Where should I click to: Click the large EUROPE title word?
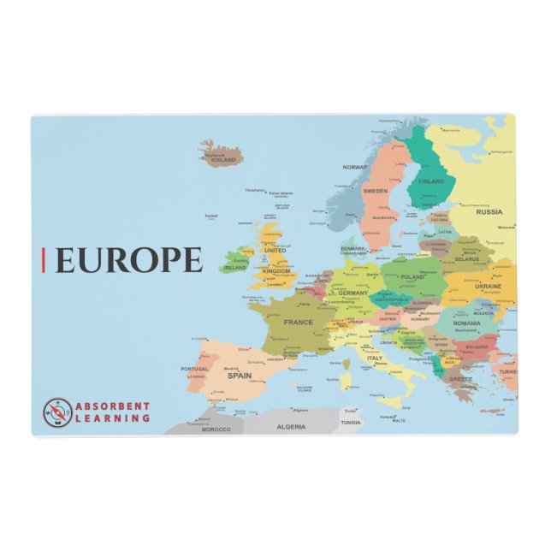point(129,259)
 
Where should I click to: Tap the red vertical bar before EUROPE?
point(44,259)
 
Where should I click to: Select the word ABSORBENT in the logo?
point(113,406)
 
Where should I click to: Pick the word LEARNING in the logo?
point(112,418)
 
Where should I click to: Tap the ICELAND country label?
point(223,160)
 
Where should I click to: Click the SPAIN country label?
point(239,375)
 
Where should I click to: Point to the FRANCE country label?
point(299,323)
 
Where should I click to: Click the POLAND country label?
point(412,277)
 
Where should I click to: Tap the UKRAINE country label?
point(489,286)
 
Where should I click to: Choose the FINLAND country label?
point(431,181)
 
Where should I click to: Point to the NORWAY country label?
point(354,168)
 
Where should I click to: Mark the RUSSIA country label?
point(489,211)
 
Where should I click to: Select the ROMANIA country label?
point(467,323)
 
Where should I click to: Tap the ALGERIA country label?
point(291,426)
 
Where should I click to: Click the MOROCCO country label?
point(216,429)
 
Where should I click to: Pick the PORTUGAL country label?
point(194,369)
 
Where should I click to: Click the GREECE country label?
point(461,378)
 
